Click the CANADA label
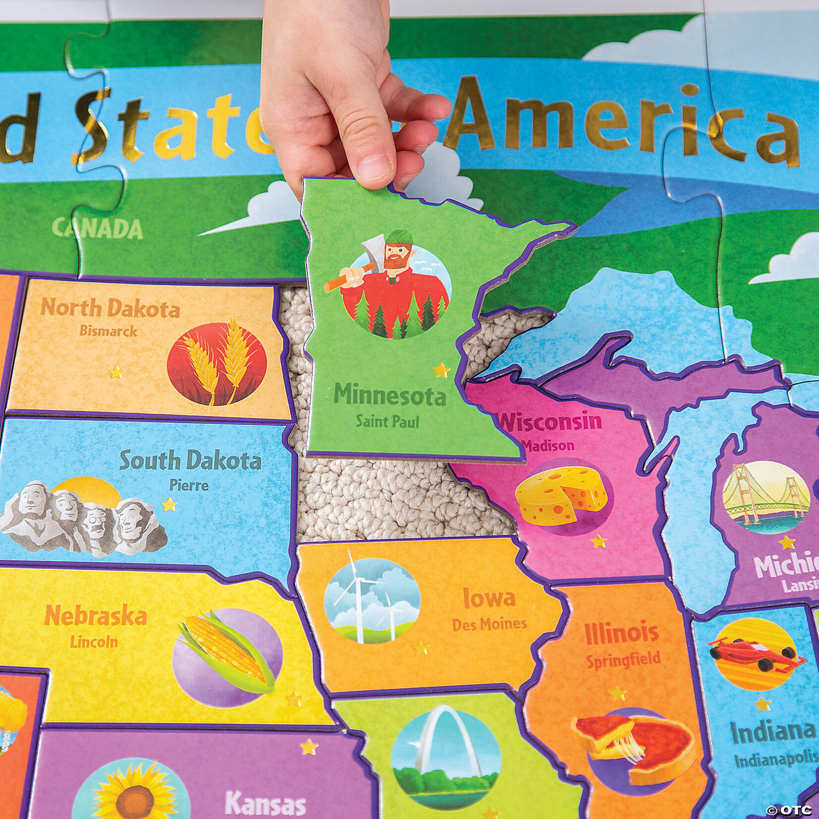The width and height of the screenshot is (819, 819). [98, 229]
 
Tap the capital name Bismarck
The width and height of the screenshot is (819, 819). [108, 331]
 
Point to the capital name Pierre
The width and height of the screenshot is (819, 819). [188, 484]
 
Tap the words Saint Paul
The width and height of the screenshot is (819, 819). [387, 422]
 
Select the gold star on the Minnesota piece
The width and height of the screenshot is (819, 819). [440, 370]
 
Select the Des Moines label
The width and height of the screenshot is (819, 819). [489, 624]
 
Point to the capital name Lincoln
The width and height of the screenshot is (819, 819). [94, 642]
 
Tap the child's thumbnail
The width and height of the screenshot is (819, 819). [377, 163]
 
